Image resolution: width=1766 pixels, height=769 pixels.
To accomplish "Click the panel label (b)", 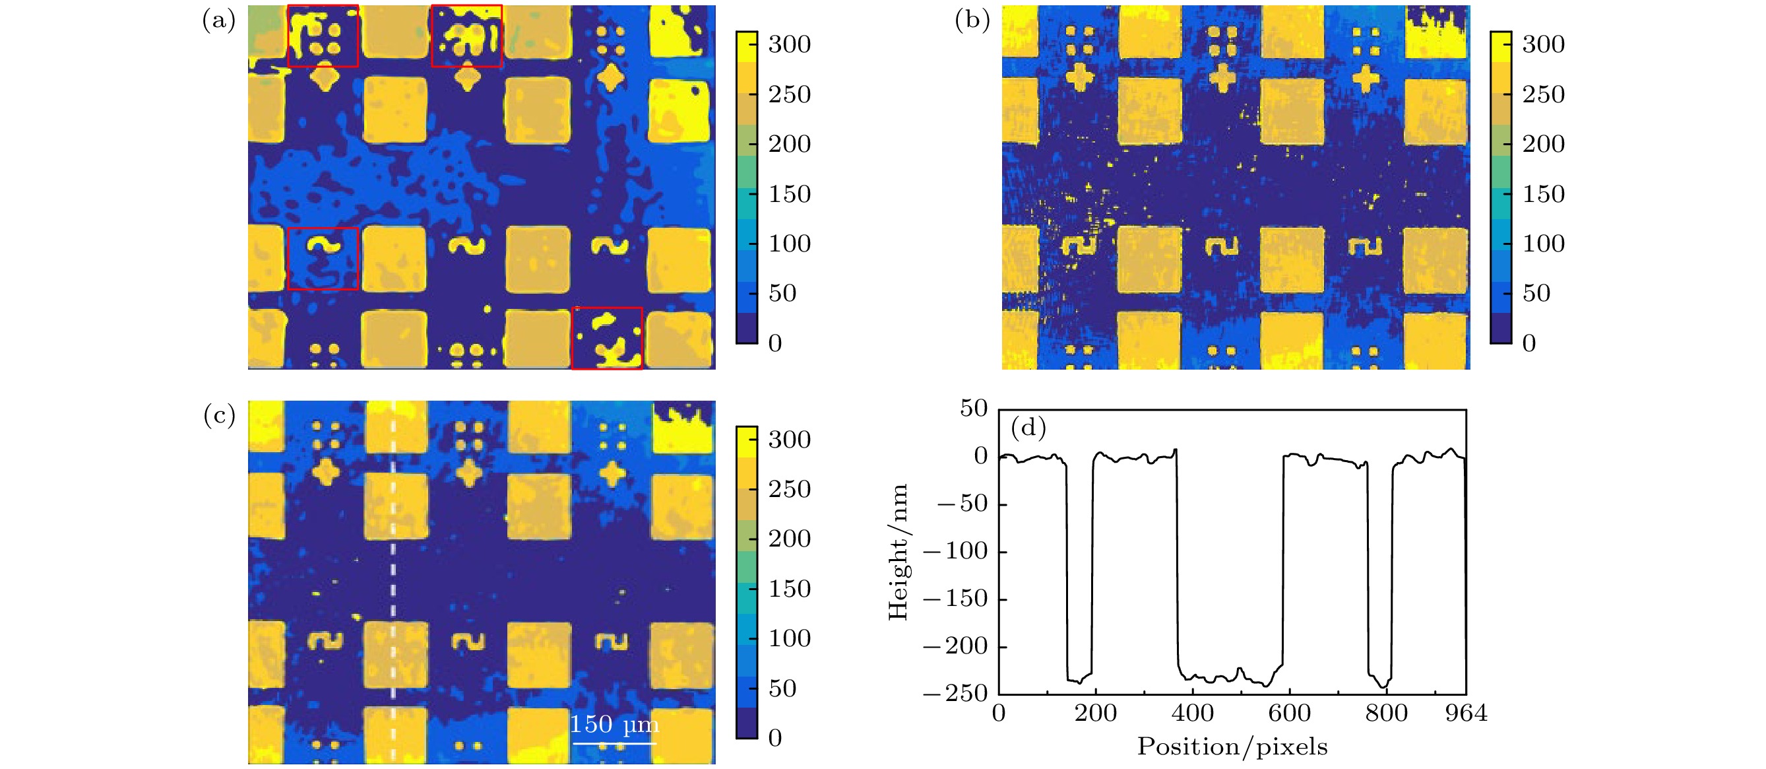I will click(972, 20).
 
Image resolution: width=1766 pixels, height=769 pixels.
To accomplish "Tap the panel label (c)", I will click(219, 416).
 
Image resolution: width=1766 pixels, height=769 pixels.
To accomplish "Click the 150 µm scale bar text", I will click(614, 724).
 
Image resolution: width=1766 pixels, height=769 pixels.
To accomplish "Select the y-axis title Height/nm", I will click(898, 552).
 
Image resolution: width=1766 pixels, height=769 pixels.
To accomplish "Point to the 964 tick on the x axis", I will click(1466, 714).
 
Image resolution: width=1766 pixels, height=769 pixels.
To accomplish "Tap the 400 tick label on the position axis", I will click(1192, 714).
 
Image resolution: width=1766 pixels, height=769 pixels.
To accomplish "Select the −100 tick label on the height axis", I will click(955, 551).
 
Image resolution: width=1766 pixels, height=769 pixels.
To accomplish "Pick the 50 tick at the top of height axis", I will click(973, 409).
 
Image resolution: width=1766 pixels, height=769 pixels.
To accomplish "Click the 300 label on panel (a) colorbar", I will click(789, 45).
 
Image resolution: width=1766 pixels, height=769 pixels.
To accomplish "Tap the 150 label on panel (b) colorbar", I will click(1543, 194).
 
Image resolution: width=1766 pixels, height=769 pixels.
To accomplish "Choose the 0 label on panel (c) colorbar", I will click(774, 738).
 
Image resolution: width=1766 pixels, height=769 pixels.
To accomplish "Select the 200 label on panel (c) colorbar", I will click(789, 539).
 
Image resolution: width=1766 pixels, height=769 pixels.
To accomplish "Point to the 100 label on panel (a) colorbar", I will click(789, 244).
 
